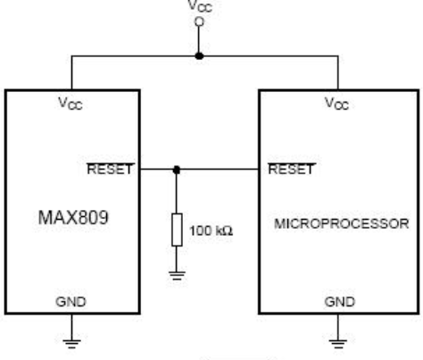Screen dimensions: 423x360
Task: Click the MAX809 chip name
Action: point(73,218)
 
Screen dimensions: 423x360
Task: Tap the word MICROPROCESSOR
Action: point(342,224)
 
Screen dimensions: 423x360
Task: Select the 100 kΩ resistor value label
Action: point(211,230)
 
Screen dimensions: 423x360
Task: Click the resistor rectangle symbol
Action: point(177,230)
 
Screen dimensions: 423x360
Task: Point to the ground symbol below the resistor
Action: point(177,276)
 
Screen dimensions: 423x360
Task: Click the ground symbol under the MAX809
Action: point(71,344)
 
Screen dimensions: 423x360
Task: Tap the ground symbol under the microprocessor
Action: point(338,344)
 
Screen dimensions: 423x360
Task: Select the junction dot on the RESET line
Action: point(177,170)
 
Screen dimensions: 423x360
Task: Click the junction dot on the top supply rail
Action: point(199,55)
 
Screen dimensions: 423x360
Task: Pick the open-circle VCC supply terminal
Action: point(199,22)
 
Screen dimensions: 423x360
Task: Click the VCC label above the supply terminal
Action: point(200,6)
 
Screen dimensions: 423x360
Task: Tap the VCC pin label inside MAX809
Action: point(70,104)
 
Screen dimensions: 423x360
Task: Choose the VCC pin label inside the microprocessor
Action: point(336,104)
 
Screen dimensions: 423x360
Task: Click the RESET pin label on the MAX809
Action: point(110,169)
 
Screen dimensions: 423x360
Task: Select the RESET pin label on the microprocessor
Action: point(291,169)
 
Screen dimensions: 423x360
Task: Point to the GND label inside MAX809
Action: point(70,302)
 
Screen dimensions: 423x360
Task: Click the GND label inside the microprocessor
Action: point(340,302)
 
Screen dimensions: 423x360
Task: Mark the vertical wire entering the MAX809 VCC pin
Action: point(71,72)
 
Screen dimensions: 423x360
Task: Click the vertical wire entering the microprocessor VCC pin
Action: point(338,72)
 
